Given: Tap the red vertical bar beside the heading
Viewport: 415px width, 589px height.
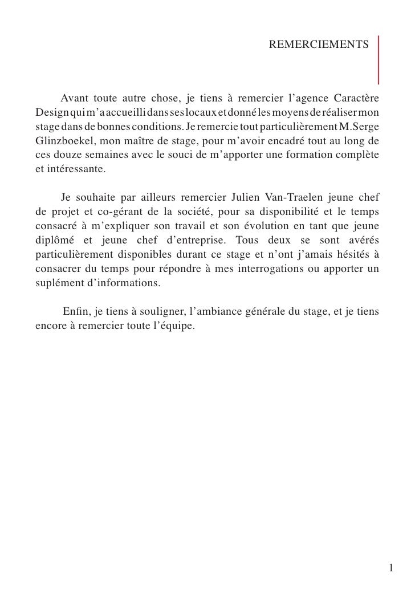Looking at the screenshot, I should coord(379,59).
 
